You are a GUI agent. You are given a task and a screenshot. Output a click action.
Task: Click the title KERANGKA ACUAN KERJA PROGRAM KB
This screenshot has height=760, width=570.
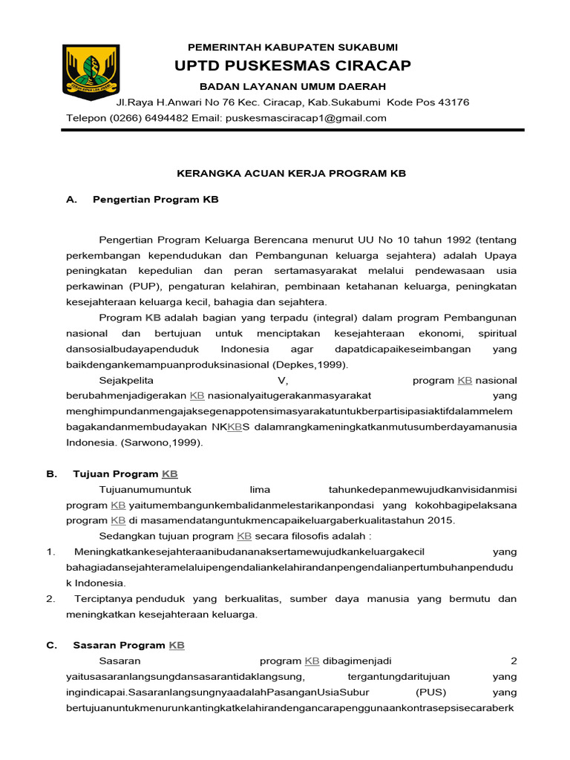[291, 173]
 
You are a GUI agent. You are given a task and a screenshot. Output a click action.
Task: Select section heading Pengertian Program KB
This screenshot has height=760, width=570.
[155, 200]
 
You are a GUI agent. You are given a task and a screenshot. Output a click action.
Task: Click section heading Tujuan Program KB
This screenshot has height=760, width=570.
[125, 474]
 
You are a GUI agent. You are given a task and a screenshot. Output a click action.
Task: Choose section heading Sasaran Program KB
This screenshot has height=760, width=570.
[128, 645]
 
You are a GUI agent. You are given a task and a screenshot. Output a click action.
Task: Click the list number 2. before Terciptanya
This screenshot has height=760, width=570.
[50, 598]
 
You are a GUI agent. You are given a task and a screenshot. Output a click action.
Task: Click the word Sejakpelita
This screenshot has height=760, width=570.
[126, 380]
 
